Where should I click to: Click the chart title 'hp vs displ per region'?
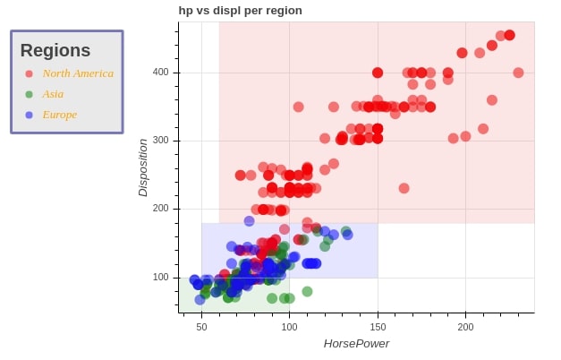tap(240, 11)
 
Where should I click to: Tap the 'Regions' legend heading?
tap(55, 51)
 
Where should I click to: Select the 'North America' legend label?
tap(78, 73)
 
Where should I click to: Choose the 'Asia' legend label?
tap(53, 94)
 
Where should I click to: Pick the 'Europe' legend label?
tap(60, 115)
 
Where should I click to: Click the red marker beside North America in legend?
tap(30, 73)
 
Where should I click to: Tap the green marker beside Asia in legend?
tap(30, 94)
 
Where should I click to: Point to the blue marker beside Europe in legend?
tap(30, 115)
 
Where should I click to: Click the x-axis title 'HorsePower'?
tap(356, 344)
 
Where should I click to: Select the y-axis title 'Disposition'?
tap(143, 167)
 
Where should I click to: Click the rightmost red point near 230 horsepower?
tap(518, 73)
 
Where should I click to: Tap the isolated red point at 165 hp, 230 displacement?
tap(404, 188)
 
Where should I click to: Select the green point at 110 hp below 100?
tap(307, 291)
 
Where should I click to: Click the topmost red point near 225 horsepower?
tap(509, 35)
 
